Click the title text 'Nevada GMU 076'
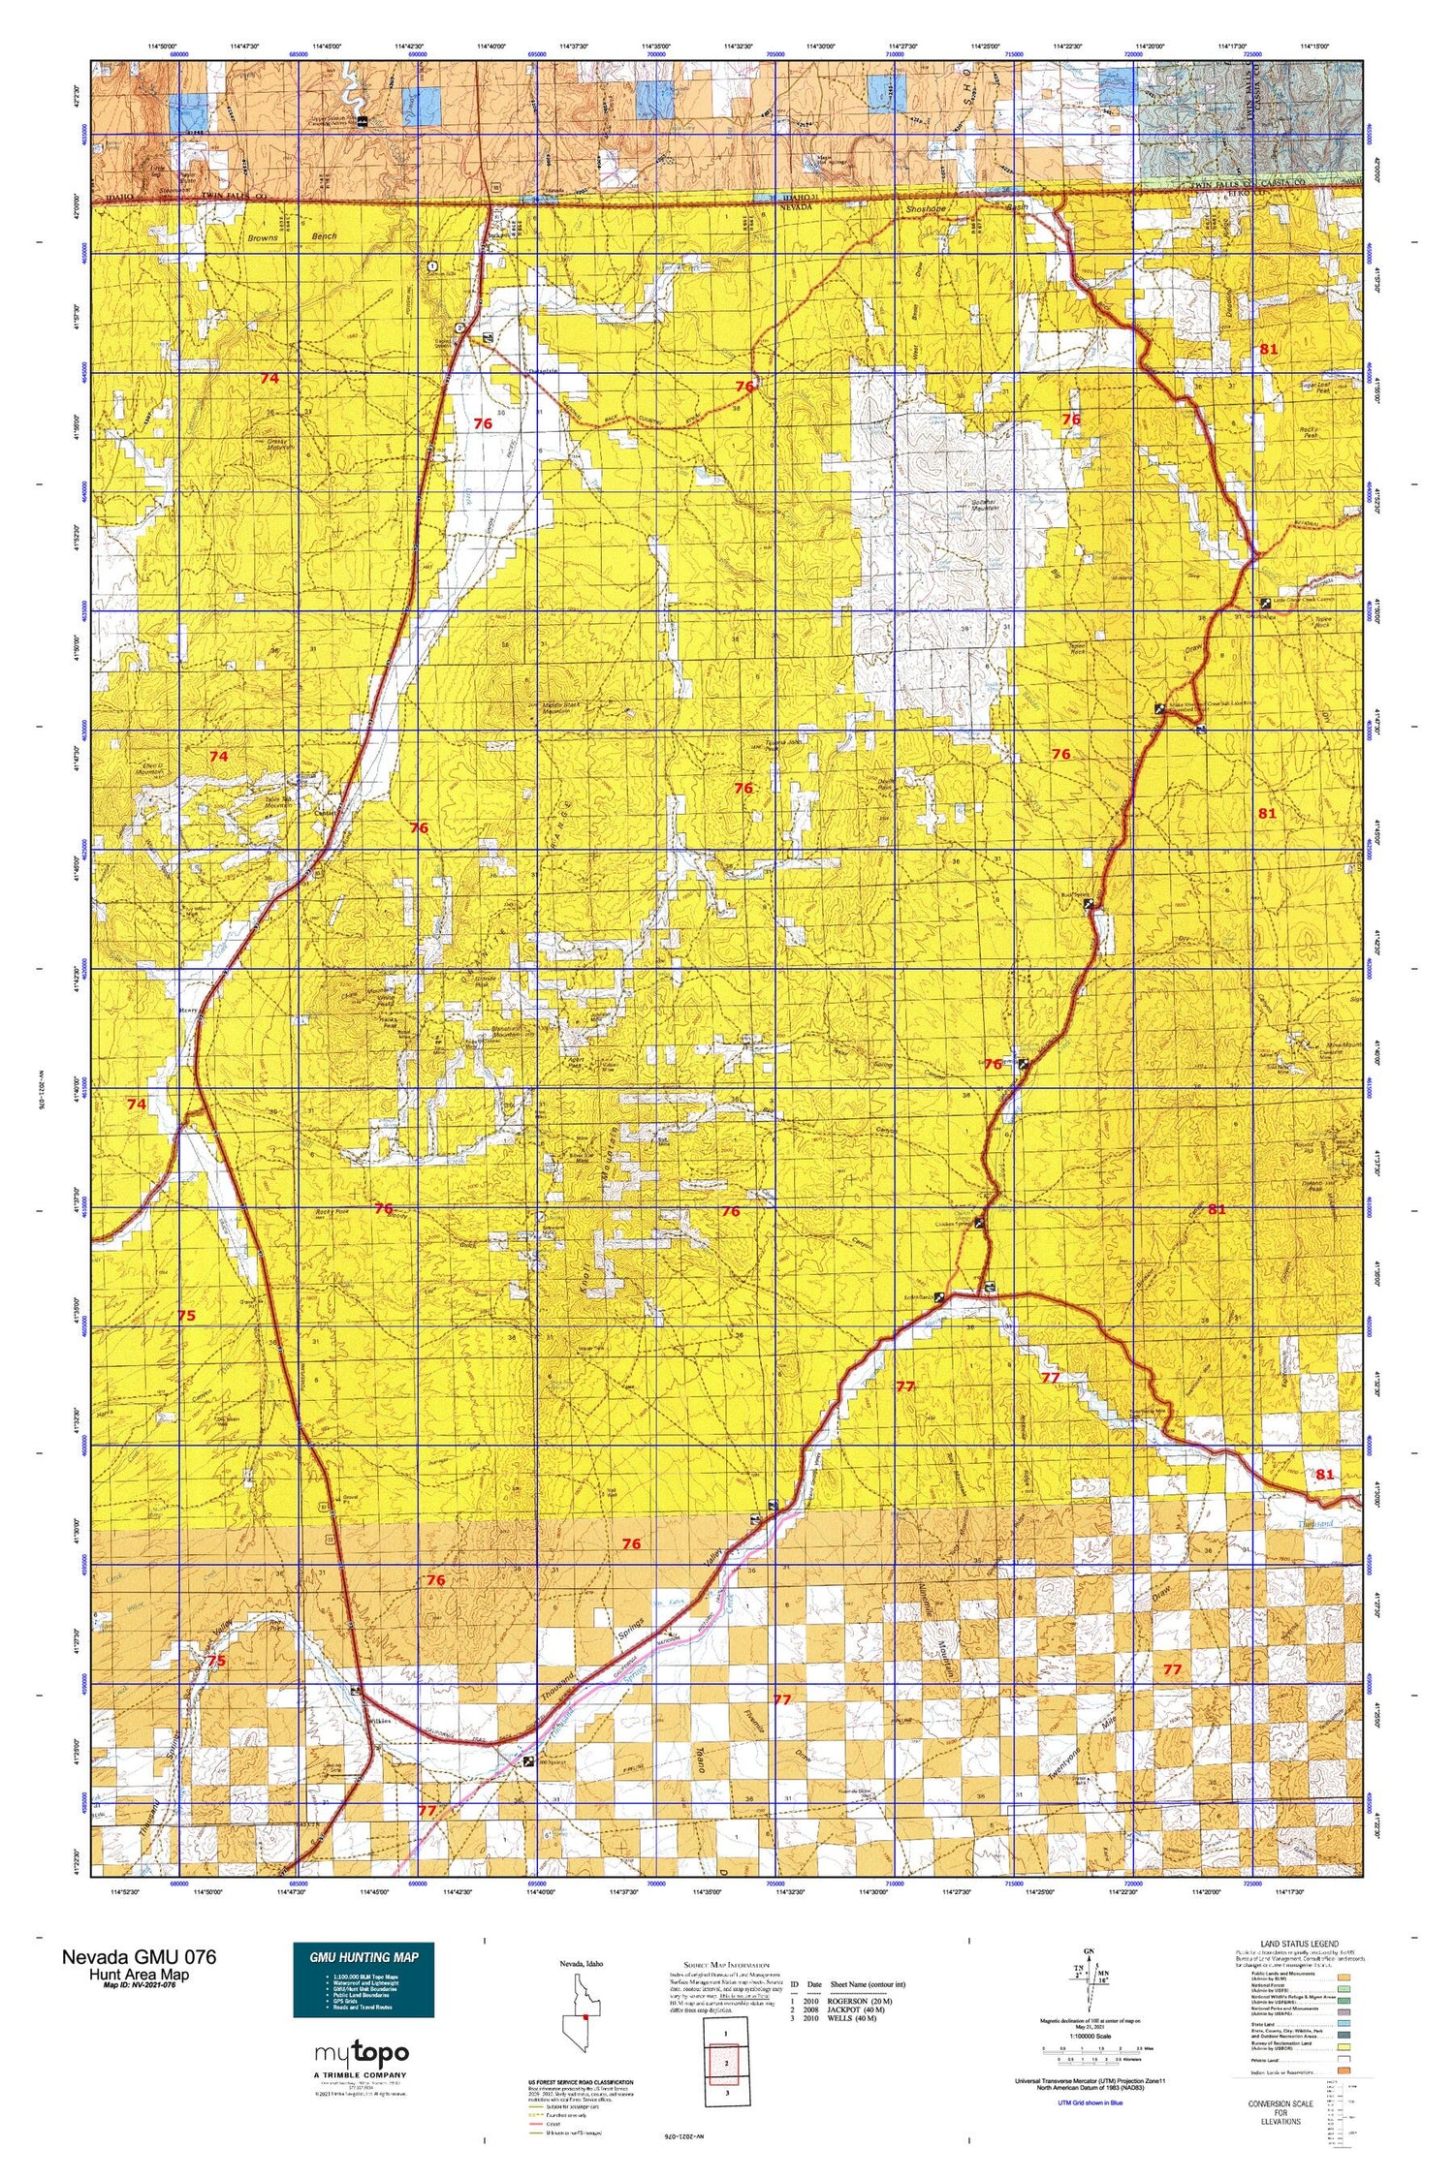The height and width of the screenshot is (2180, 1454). click(x=140, y=1956)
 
